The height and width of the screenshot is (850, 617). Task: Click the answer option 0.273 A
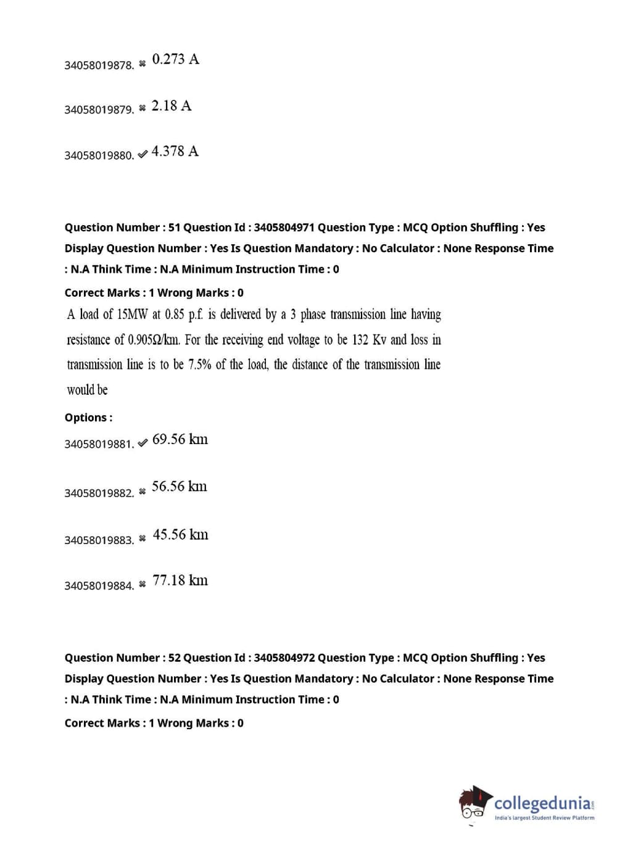175,59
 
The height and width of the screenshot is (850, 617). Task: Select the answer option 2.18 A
172,106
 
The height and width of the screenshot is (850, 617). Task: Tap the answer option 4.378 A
175,152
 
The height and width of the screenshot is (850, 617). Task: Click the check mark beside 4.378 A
143,155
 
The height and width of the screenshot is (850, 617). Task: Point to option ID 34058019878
99,65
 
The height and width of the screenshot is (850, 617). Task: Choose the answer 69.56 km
180,439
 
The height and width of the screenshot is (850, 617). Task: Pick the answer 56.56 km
179,487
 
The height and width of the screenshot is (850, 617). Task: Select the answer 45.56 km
180,534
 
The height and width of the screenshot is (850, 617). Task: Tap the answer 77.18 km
180,580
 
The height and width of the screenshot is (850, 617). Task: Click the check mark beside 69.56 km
143,443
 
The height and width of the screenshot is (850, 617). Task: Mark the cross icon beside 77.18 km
143,584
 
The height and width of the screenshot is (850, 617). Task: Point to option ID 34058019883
99,540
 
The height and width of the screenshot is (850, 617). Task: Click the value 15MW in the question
132,315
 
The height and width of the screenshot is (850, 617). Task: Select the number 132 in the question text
360,340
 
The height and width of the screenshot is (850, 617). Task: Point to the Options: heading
88,418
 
